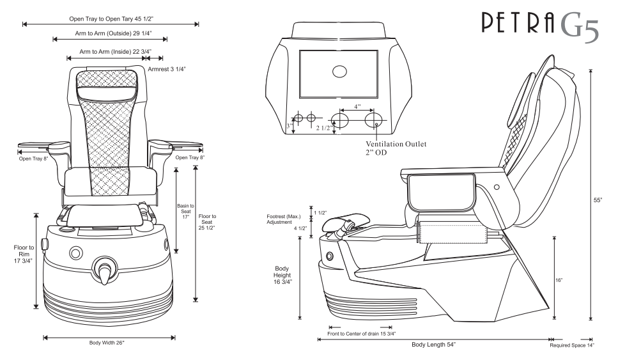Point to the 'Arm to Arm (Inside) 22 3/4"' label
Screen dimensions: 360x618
pyautogui.click(x=110, y=50)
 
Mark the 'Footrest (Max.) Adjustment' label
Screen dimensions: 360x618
pyautogui.click(x=283, y=220)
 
